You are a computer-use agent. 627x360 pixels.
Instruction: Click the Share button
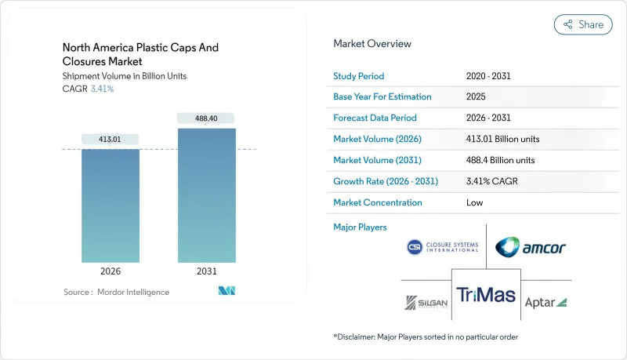583,24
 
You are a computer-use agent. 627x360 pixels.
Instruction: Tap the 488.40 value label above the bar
207,118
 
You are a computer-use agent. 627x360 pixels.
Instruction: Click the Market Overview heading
372,43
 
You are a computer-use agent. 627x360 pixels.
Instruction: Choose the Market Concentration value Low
474,202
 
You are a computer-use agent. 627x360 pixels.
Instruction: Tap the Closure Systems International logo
443,247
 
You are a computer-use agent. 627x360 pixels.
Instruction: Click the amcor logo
531,248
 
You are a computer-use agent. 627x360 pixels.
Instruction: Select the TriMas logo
486,294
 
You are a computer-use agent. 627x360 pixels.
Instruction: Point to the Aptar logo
545,302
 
